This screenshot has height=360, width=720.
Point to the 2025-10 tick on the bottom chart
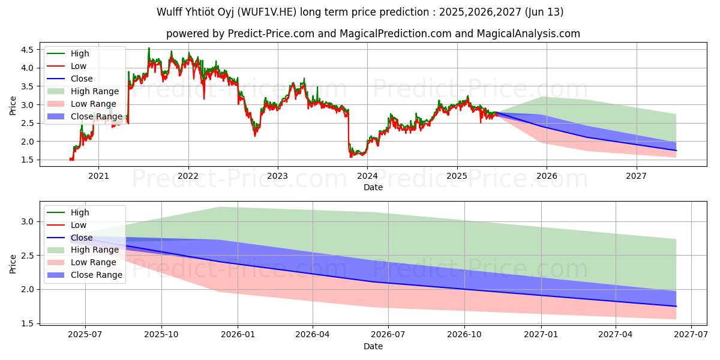(161, 336)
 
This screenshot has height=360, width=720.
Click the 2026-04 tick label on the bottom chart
(313, 336)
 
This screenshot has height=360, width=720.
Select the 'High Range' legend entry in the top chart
(95, 91)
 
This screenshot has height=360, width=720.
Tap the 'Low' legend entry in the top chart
(79, 66)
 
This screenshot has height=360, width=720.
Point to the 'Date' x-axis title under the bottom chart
(373, 347)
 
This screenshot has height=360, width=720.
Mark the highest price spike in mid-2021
(149, 49)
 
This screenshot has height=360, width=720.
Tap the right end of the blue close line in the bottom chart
(676, 307)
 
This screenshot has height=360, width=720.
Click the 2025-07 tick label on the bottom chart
(85, 336)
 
